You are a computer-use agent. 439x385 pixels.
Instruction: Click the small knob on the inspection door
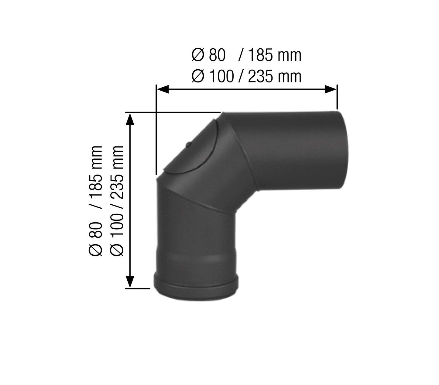[188, 144]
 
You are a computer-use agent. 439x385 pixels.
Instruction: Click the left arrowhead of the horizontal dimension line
[163, 89]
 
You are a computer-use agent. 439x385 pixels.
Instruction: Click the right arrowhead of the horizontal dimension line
[331, 89]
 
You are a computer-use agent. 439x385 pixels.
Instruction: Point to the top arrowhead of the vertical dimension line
[130, 119]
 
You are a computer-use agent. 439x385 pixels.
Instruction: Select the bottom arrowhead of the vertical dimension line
[130, 282]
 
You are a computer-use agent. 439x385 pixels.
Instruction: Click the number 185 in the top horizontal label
[260, 56]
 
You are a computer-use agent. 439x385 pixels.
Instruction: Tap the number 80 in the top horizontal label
[217, 56]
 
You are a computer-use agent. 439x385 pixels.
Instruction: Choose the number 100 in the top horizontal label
[222, 76]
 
